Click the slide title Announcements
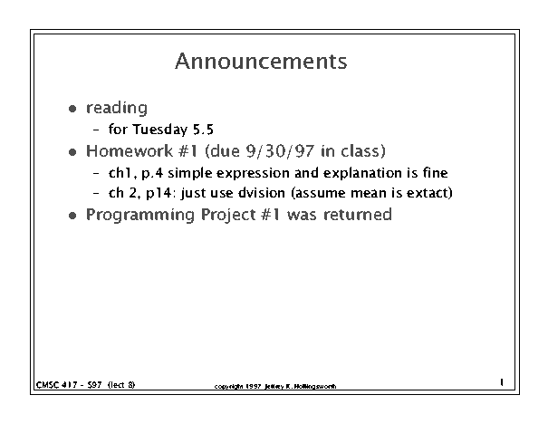tap(261, 62)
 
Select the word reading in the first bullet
tap(117, 109)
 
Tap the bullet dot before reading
tap(72, 109)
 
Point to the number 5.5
tap(203, 130)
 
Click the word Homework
tap(129, 151)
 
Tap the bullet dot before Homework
tap(72, 152)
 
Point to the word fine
tap(435, 173)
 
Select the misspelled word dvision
tap(262, 193)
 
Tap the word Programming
tap(140, 215)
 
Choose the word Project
tap(228, 215)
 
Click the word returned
tap(358, 215)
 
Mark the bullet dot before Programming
tap(72, 216)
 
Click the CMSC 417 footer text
tap(86, 385)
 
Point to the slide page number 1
tap(502, 382)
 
